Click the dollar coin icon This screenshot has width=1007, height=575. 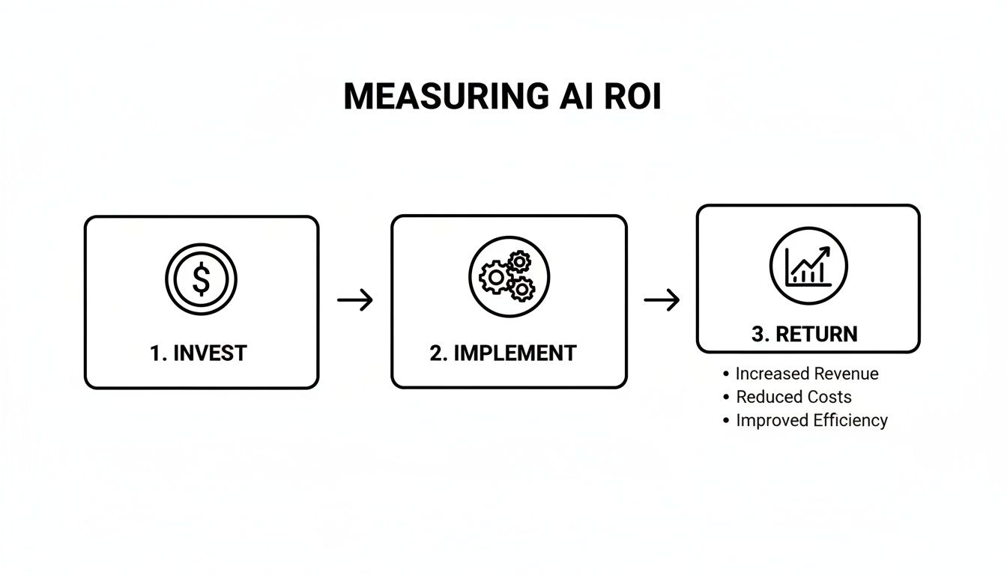[201, 279]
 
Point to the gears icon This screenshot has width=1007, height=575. [509, 276]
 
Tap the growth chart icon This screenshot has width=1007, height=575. [808, 266]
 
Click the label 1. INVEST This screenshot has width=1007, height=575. [198, 353]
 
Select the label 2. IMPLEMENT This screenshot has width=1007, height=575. [503, 353]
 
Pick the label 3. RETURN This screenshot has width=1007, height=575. [805, 334]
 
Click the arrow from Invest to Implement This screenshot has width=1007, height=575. [355, 301]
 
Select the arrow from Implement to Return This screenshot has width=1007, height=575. [662, 301]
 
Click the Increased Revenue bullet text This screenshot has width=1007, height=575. [807, 374]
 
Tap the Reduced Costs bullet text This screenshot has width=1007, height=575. [793, 397]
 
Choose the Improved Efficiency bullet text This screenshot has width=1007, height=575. [811, 420]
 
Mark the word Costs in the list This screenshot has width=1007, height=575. [826, 397]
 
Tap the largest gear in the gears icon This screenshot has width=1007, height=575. [495, 279]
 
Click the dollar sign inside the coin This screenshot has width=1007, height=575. [201, 279]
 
